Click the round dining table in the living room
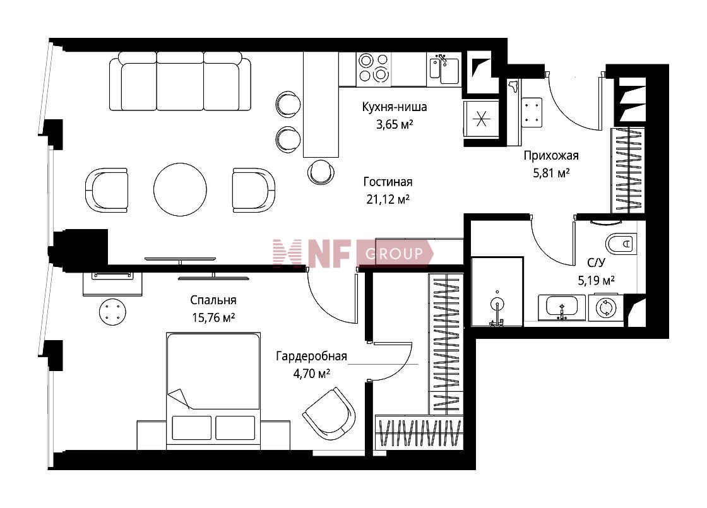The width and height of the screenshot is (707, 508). [180, 189]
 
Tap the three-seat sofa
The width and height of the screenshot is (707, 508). [180, 81]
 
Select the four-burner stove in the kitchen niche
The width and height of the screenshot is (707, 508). [373, 69]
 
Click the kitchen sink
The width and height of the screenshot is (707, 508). [444, 69]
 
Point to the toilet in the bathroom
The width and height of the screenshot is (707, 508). [621, 244]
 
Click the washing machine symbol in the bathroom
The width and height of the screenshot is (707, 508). [606, 307]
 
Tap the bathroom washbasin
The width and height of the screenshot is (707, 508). [561, 307]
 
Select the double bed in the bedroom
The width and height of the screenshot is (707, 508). [213, 391]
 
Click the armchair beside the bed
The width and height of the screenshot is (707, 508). [329, 413]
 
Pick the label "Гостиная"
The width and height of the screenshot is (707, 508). [388, 182]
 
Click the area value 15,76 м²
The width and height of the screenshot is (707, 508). [213, 318]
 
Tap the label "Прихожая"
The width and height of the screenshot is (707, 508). [551, 156]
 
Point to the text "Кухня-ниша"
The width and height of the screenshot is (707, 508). [395, 107]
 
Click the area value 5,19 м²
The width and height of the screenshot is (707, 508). [596, 281]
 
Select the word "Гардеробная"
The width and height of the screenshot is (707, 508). [312, 356]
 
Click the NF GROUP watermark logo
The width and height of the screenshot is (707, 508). [353, 253]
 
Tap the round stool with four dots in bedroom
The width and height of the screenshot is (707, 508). [113, 312]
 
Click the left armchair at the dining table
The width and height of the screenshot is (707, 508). [107, 190]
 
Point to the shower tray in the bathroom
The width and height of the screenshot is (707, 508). [497, 292]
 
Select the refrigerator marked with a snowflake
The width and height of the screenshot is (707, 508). [481, 119]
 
